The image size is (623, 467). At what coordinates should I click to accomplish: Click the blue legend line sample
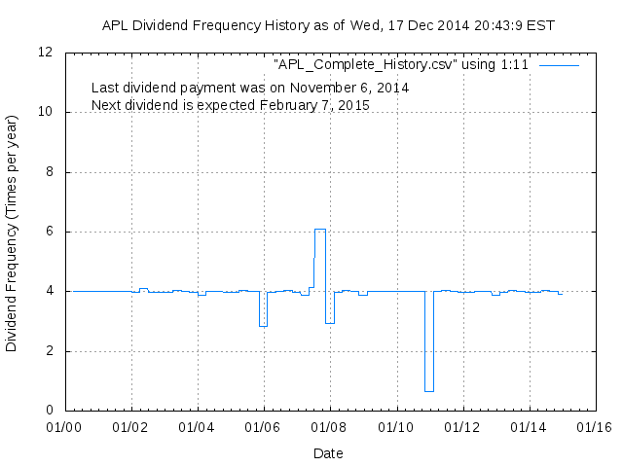click(x=559, y=65)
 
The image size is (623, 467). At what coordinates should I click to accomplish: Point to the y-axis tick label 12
click(x=46, y=53)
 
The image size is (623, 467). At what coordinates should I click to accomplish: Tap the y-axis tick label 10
click(x=46, y=112)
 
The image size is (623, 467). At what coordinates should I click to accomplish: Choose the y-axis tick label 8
click(x=50, y=172)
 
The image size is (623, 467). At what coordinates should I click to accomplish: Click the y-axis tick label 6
click(x=50, y=232)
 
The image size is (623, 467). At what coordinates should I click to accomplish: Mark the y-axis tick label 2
click(x=50, y=351)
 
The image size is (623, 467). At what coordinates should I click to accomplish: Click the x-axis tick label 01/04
click(x=198, y=426)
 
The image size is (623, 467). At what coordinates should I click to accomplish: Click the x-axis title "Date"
click(x=329, y=452)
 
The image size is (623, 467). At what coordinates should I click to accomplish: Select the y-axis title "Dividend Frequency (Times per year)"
click(x=13, y=232)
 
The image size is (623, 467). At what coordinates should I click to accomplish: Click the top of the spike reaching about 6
click(x=319, y=229)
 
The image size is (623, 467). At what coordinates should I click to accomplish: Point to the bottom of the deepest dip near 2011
click(x=428, y=391)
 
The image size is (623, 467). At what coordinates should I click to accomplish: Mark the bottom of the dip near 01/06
click(x=263, y=326)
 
